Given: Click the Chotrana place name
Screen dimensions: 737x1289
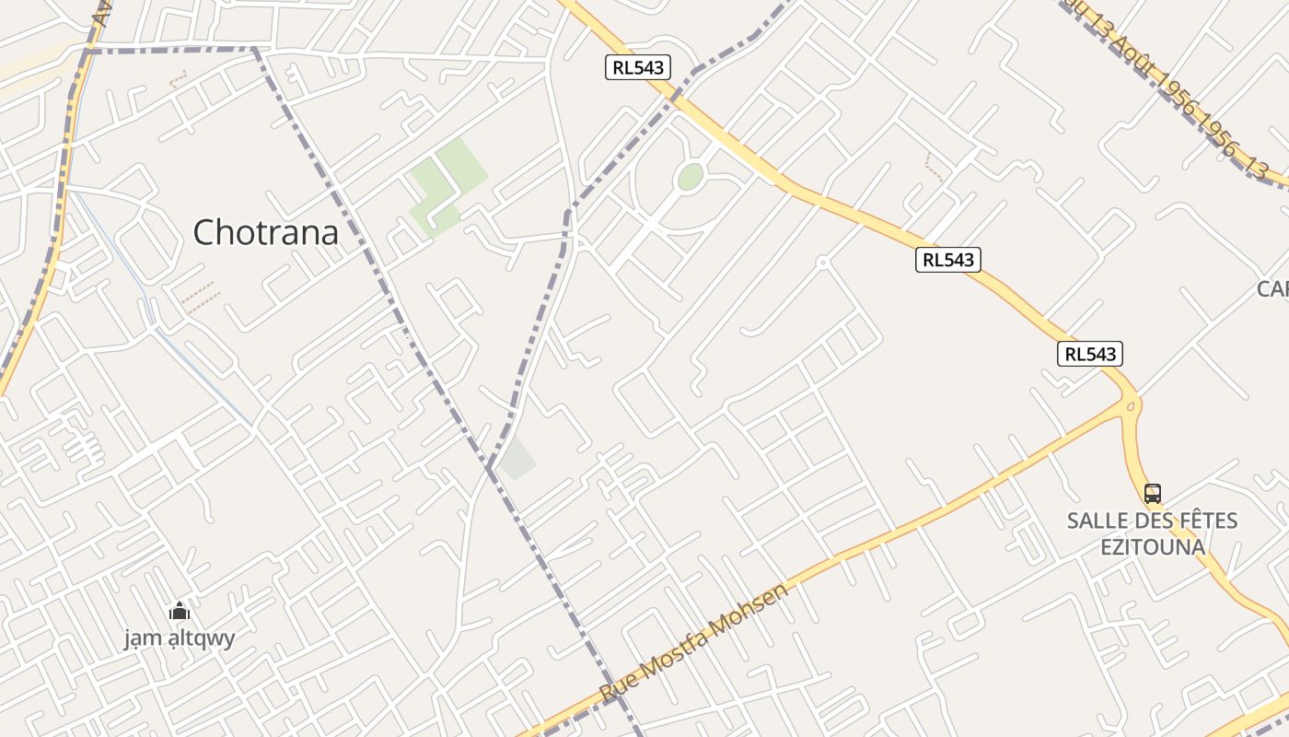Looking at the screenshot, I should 265,232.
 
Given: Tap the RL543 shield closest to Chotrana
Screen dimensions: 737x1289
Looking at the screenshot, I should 637,66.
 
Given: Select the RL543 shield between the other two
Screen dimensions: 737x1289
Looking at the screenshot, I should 948,260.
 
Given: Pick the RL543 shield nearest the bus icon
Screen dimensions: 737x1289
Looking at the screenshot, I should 1090,354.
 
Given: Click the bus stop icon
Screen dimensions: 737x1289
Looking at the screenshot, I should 1152,494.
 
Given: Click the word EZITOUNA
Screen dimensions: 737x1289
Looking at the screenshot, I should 1153,546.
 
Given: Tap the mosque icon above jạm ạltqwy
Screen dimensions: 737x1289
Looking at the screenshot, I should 180,611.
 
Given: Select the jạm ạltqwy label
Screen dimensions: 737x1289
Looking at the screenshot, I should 180,638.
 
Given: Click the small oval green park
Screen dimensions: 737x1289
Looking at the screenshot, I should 690,177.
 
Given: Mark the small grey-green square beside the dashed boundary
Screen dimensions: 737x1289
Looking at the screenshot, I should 518,459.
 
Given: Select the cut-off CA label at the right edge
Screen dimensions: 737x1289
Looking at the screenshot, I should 1273,289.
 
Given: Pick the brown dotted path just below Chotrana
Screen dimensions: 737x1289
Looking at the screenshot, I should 199,297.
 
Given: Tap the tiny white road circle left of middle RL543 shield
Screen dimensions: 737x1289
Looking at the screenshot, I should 822,263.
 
